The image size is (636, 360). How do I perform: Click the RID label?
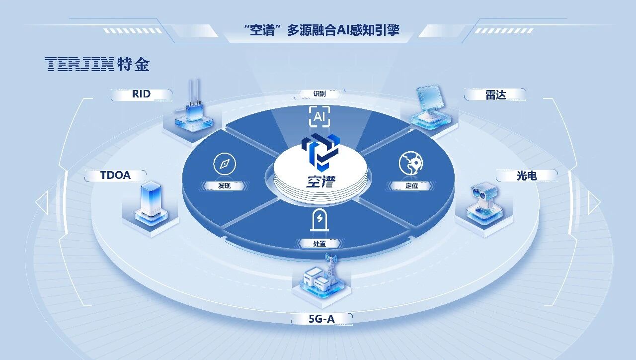point(141,94)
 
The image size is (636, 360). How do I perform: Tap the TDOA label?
point(115,176)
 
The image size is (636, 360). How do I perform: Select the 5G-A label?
point(321,319)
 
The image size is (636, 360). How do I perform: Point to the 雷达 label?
point(495,95)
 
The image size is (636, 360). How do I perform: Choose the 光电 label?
point(527,176)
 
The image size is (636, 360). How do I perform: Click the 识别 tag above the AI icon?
point(319,94)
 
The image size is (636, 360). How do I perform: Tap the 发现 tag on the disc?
point(224,186)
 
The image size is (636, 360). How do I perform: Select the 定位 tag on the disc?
point(411,186)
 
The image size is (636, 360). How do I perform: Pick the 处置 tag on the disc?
point(319,244)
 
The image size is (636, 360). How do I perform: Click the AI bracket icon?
point(319,116)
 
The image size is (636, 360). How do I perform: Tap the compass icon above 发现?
point(225,164)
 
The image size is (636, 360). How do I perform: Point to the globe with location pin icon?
point(411,163)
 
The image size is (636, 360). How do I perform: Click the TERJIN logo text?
point(79,64)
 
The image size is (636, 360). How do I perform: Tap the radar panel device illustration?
point(430,107)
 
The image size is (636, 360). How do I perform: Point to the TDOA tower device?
point(151,203)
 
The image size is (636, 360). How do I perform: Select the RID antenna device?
point(194,106)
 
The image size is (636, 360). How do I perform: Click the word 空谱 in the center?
point(320,181)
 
